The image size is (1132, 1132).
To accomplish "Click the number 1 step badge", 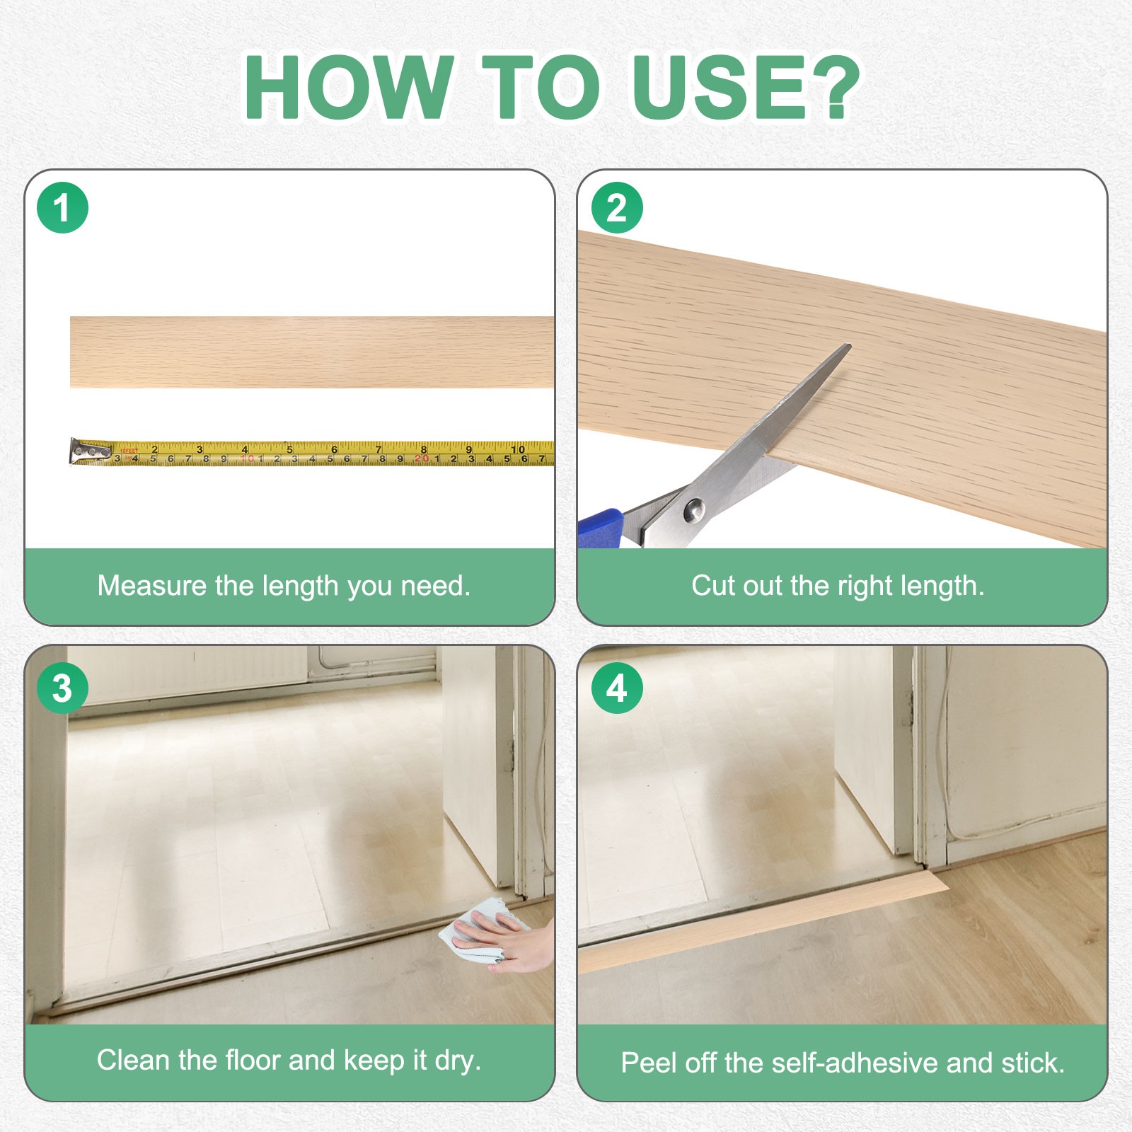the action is pos(62,208).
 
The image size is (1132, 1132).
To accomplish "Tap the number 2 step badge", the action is pos(616,208).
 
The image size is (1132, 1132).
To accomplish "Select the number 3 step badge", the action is pos(62,688).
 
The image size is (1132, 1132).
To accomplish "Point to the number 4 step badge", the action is pos(616,688).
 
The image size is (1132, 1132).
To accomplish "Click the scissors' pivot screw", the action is pos(693,509).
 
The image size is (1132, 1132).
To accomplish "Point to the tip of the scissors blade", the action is pos(848,346).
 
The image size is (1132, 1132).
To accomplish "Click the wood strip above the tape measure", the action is pos(312,352).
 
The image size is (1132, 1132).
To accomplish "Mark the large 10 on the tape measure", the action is pos(518,449).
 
